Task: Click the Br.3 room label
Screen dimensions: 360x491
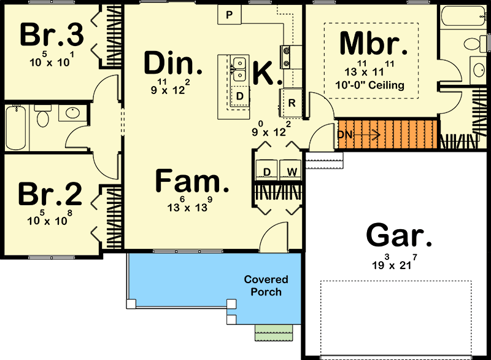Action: (x=52, y=36)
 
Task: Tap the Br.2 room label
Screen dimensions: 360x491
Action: (x=50, y=194)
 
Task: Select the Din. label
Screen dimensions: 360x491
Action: (x=172, y=63)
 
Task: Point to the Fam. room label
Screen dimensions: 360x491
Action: (x=190, y=181)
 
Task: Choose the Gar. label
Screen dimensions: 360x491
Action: (x=395, y=236)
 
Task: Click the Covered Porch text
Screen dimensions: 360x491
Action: (x=266, y=286)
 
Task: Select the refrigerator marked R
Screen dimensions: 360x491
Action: (x=292, y=103)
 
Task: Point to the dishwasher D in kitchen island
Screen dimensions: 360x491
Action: (x=240, y=97)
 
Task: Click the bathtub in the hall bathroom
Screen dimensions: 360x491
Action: (x=17, y=127)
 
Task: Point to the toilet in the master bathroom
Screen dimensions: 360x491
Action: (x=472, y=44)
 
